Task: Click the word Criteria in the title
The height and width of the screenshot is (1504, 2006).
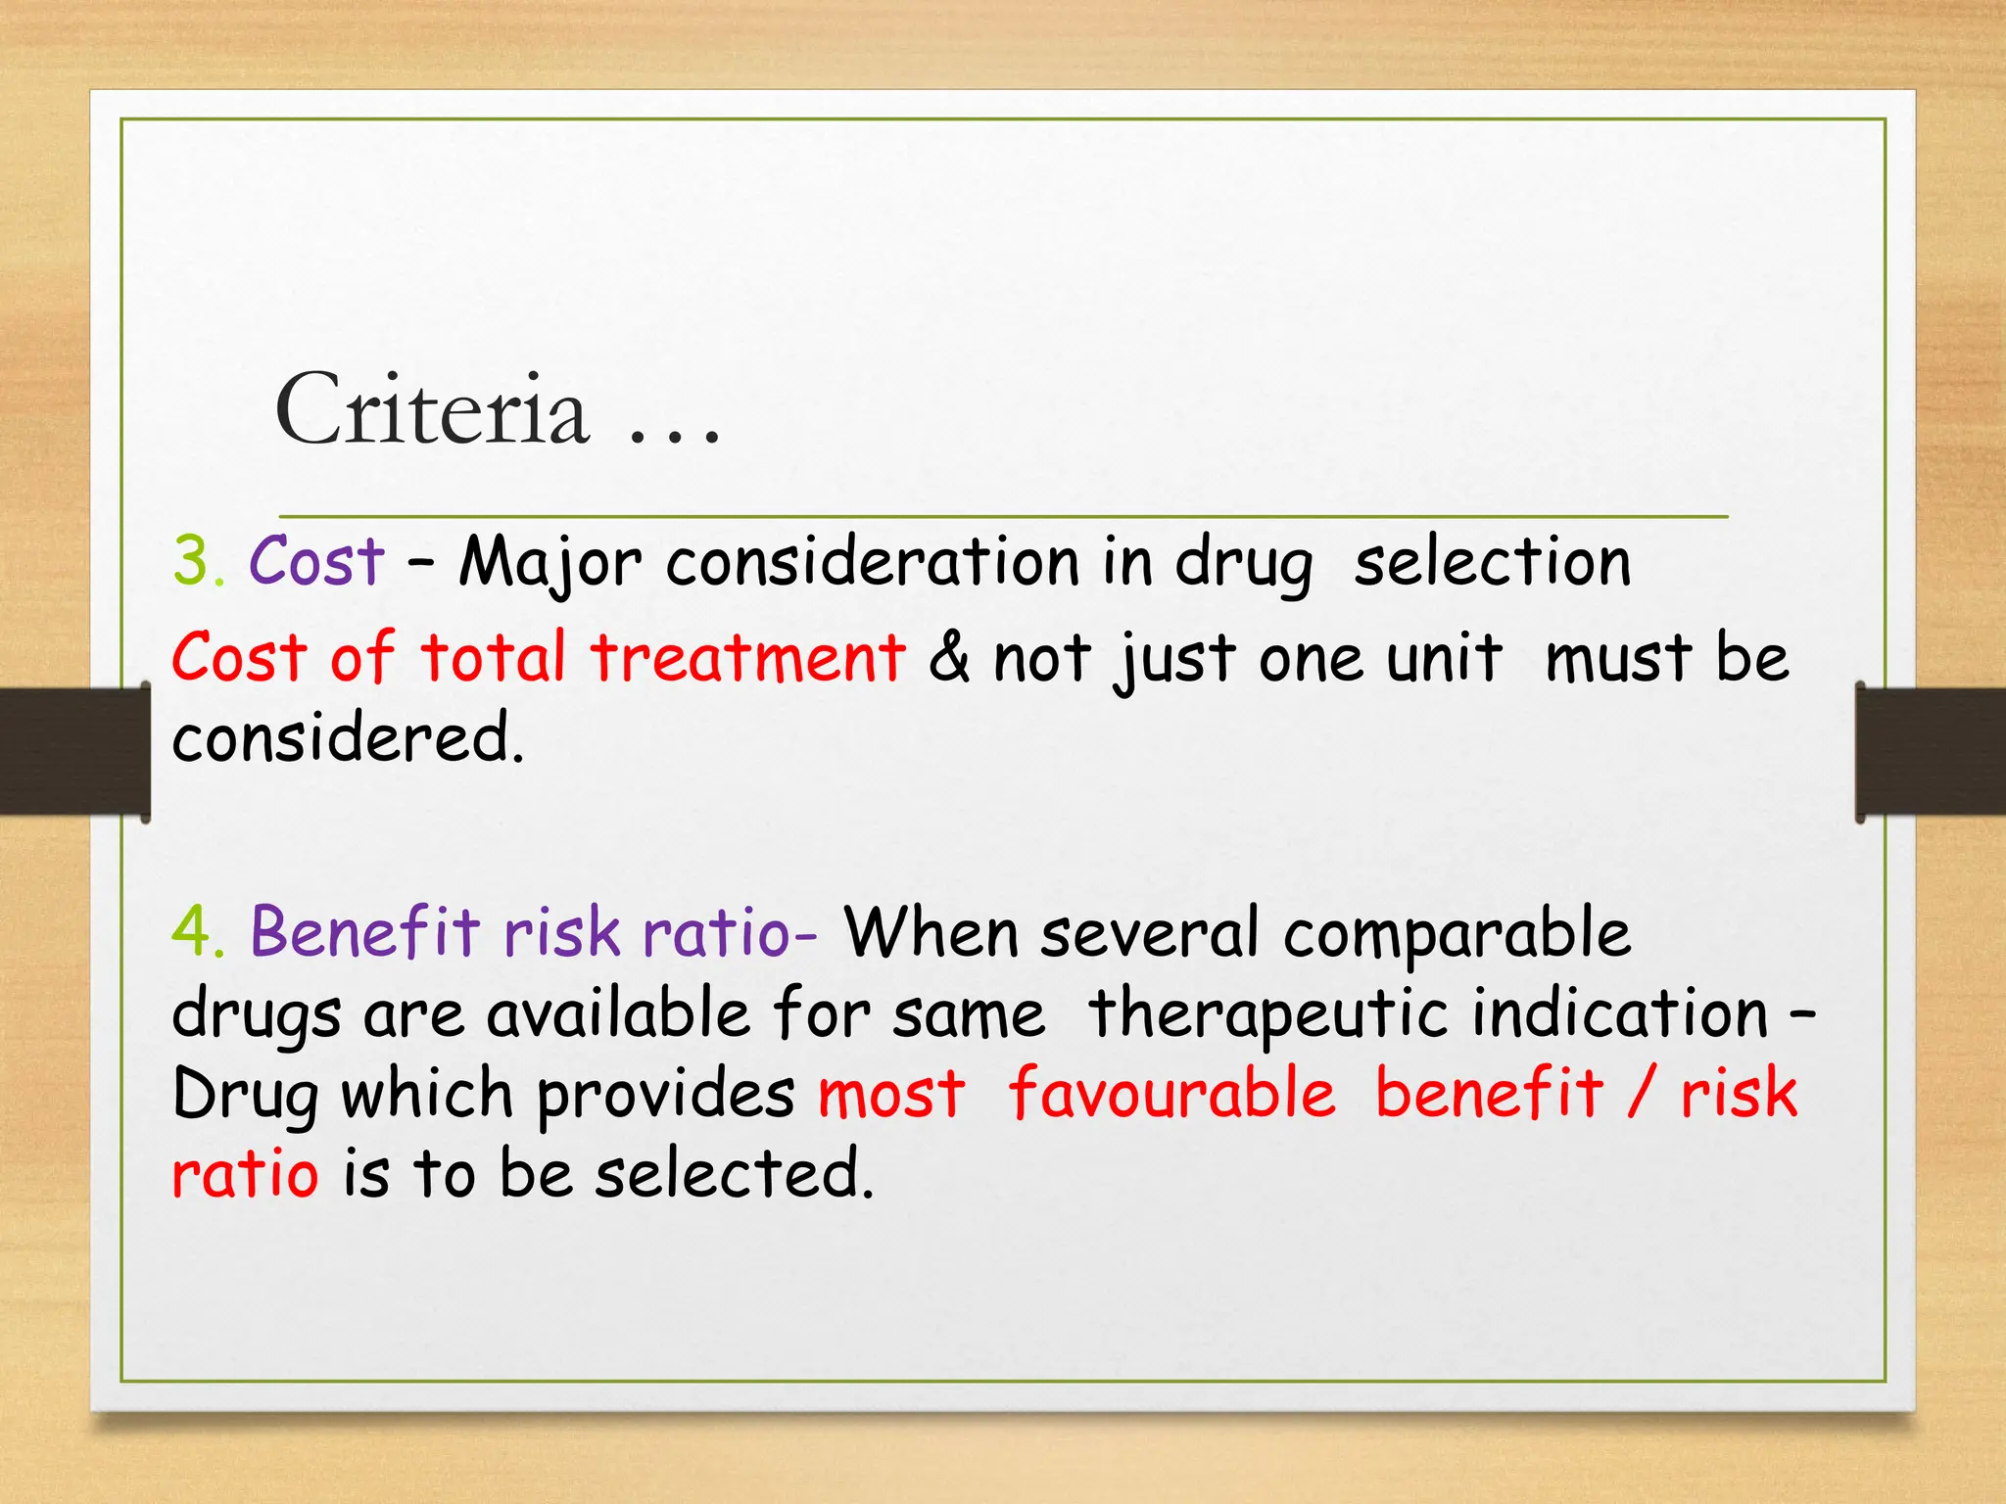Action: point(432,409)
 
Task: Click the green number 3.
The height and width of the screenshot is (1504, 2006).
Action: point(197,562)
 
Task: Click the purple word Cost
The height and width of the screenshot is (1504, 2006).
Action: point(316,562)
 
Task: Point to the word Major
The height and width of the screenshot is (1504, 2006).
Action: point(550,564)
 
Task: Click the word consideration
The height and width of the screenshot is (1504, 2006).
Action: point(872,562)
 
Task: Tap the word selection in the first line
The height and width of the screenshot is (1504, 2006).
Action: point(1492,562)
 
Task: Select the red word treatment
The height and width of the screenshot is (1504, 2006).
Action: point(748,657)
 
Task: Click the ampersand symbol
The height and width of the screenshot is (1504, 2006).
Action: point(949,657)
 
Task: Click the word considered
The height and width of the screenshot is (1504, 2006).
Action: point(348,737)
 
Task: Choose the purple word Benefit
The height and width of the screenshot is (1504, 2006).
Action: point(365,930)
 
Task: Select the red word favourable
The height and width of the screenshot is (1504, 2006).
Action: point(1171,1093)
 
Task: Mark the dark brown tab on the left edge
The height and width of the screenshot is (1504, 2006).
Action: point(74,751)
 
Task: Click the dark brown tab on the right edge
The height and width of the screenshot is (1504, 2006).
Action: point(1930,751)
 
